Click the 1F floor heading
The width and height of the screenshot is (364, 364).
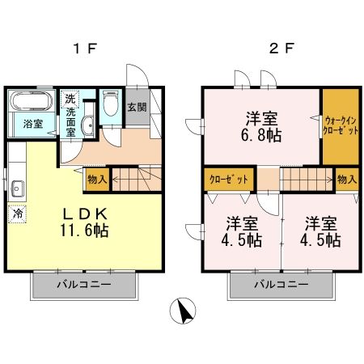(x=85, y=47)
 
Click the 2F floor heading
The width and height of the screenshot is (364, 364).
(x=278, y=47)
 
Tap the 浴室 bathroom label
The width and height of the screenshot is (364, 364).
(x=32, y=124)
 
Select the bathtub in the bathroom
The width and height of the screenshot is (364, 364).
(x=32, y=103)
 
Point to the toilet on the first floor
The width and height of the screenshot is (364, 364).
(x=112, y=107)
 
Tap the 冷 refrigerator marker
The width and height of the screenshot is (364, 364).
(x=16, y=216)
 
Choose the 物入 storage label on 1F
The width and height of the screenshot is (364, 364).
(x=96, y=179)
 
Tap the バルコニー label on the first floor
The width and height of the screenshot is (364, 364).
(x=84, y=286)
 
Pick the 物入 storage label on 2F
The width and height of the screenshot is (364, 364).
(x=347, y=179)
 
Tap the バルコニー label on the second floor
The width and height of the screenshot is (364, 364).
(x=281, y=286)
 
